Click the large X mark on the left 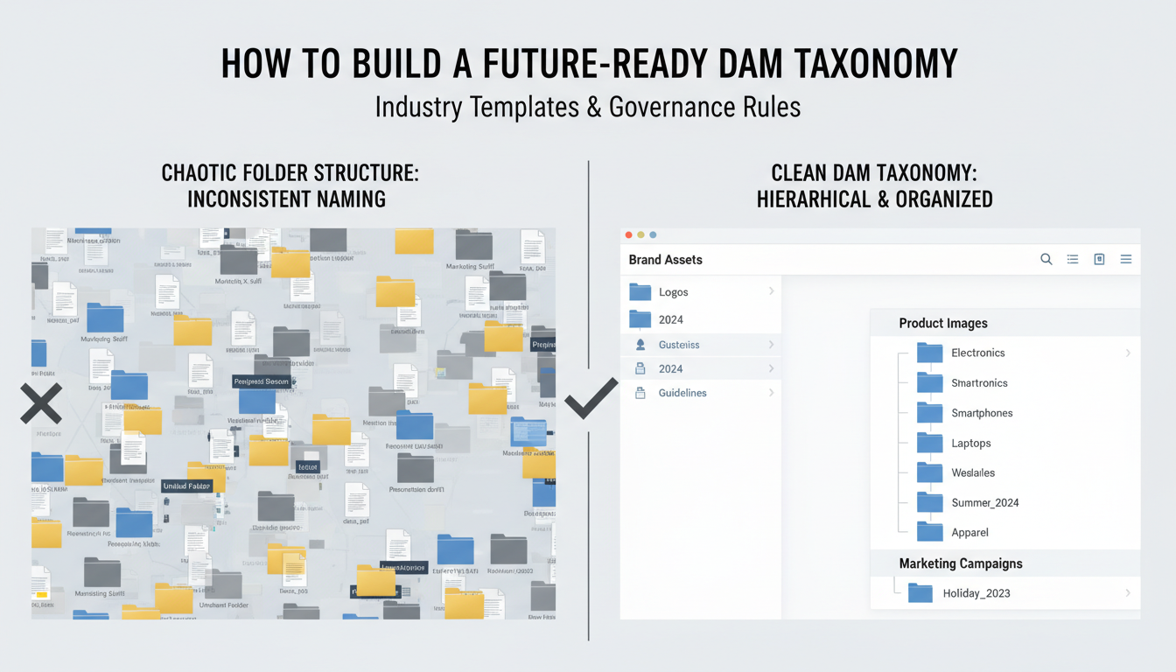tap(41, 403)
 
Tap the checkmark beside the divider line tap(591, 399)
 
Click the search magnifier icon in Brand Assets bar tap(1046, 259)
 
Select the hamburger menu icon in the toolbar tap(1126, 259)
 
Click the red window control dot tap(628, 235)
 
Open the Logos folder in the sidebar tap(640, 292)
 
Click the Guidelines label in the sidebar tap(682, 393)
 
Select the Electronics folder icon tap(929, 353)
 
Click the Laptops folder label tap(971, 443)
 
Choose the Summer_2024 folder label tap(985, 502)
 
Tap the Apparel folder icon tap(929, 531)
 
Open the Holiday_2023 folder tap(976, 593)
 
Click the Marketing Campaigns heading tap(961, 563)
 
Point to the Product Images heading tap(943, 323)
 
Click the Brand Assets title tap(665, 259)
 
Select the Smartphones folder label tap(982, 413)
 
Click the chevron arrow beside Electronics tap(1128, 353)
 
